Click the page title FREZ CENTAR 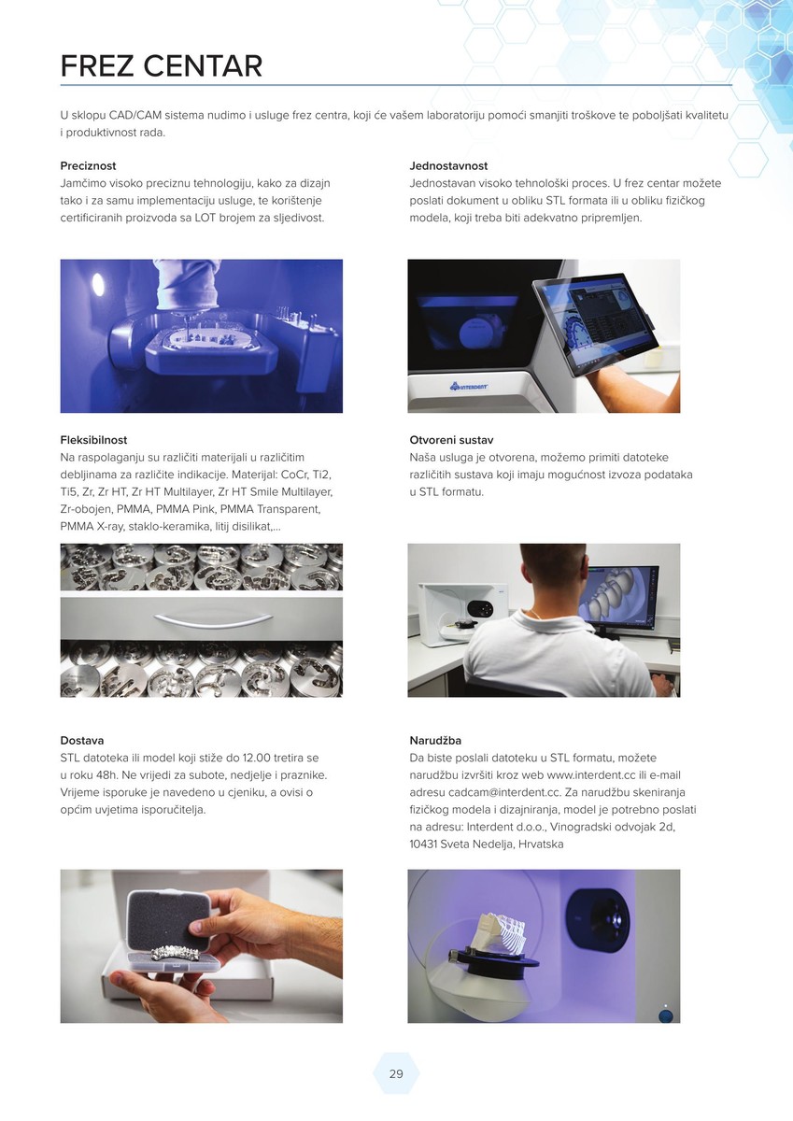(161, 66)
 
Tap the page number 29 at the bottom (396, 1073)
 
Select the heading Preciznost (88, 165)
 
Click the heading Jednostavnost (448, 165)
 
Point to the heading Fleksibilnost (93, 440)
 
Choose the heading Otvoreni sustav (451, 440)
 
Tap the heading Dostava (82, 740)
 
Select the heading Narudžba (435, 740)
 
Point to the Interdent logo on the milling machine (469, 386)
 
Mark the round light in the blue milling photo (99, 285)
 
